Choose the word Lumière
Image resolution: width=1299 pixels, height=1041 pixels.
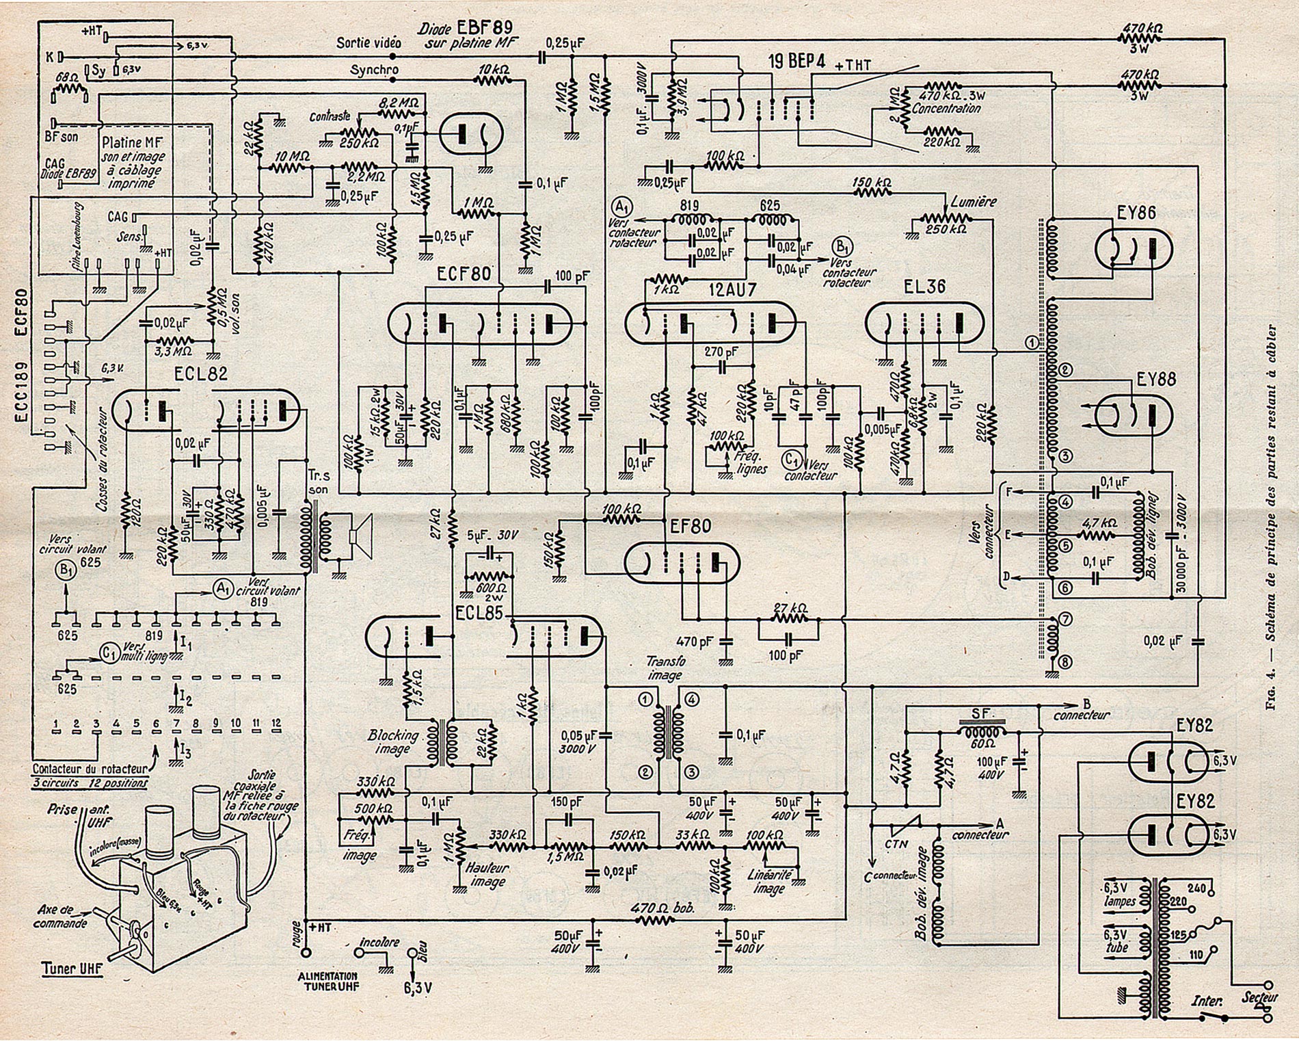[974, 202]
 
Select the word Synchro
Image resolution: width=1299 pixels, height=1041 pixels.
[374, 70]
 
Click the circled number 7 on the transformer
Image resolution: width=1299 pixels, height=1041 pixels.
[1064, 619]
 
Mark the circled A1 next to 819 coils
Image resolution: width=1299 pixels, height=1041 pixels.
[621, 207]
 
